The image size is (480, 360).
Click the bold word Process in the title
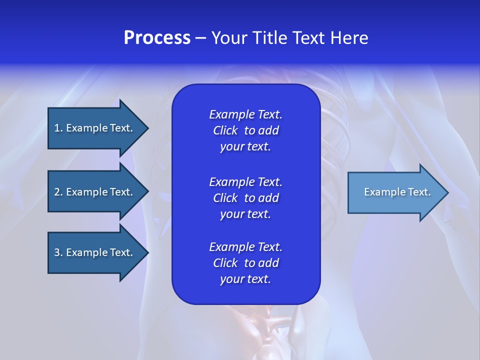coord(157,38)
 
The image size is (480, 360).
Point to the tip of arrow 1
coord(147,128)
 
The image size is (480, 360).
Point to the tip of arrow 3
coord(147,252)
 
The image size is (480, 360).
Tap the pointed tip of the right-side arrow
coord(447,192)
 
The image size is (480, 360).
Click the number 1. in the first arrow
coord(58,128)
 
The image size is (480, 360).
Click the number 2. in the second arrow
coord(58,192)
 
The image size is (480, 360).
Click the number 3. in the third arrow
coord(58,252)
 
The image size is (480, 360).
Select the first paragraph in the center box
coord(245,130)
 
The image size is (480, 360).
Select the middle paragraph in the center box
coord(245,198)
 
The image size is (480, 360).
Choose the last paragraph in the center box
coord(245,263)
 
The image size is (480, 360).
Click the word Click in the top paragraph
coord(225,130)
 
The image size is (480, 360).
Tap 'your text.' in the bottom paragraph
coord(245,279)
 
